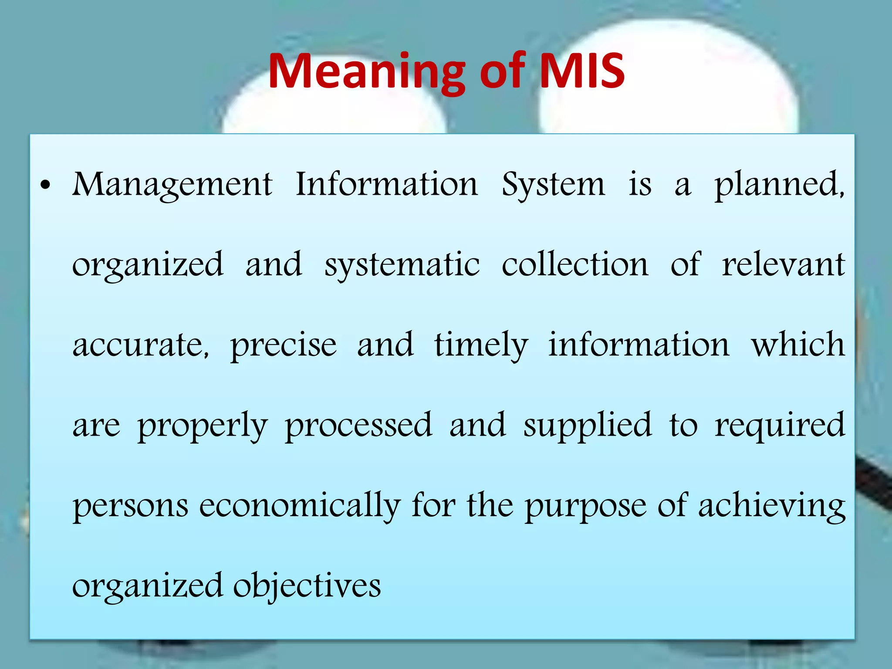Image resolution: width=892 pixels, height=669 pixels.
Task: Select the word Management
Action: click(x=172, y=185)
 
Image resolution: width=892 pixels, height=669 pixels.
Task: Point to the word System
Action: click(x=553, y=185)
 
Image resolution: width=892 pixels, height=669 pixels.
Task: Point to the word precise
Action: click(x=284, y=345)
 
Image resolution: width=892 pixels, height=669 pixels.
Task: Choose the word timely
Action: click(x=481, y=345)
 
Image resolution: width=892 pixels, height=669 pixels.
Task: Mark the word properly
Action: click(x=203, y=426)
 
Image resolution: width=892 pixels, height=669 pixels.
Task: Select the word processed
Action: click(x=358, y=426)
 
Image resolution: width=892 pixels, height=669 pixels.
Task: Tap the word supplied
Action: click(x=588, y=426)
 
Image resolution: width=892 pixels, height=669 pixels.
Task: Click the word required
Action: click(x=780, y=426)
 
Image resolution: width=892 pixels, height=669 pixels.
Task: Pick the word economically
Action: click(x=300, y=506)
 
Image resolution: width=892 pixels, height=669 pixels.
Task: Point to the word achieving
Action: click(x=772, y=506)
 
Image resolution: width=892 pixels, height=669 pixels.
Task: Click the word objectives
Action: click(x=307, y=586)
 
